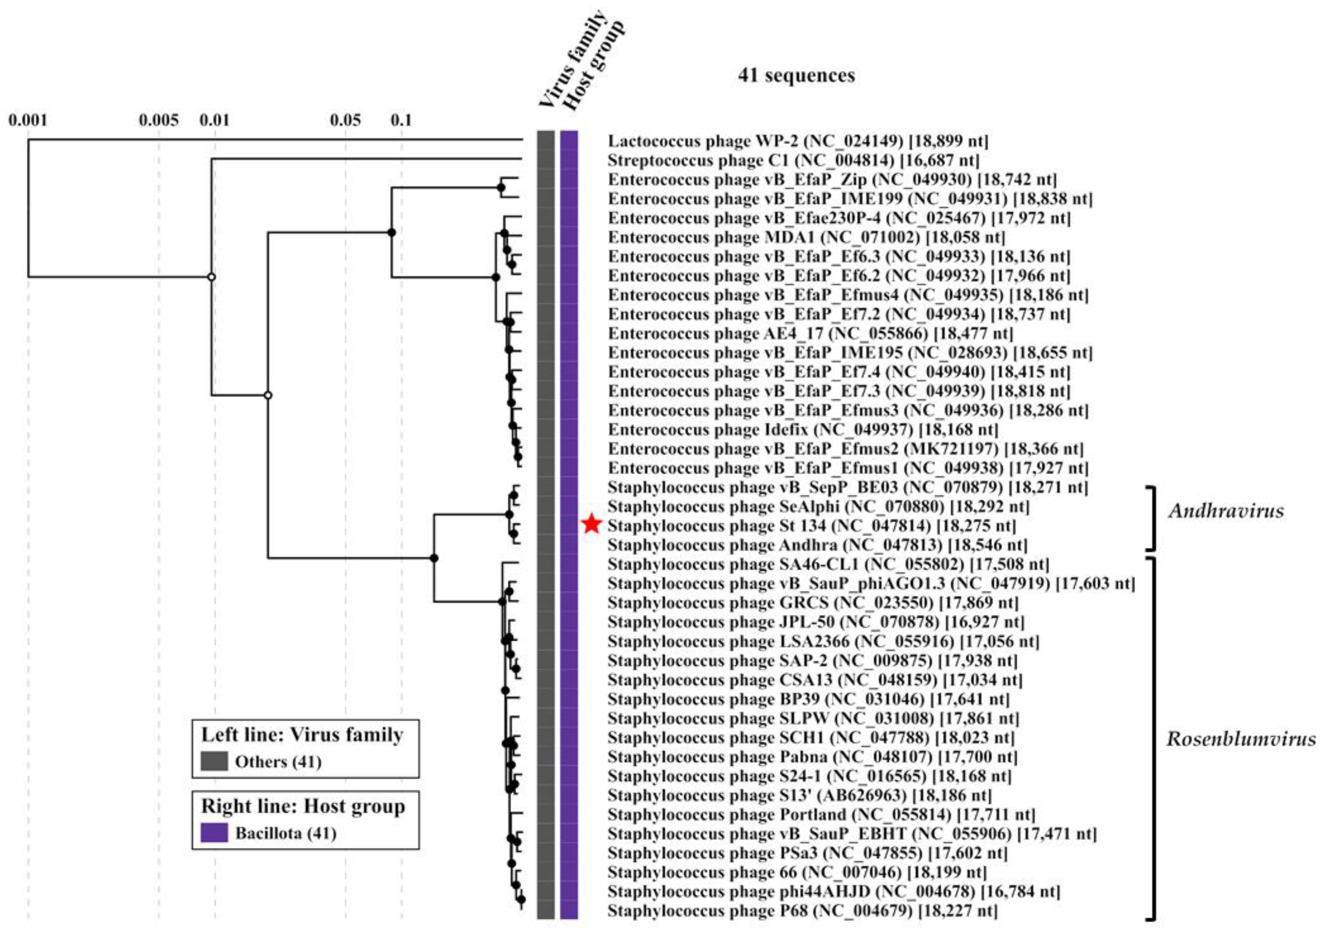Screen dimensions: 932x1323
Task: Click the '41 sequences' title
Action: (796, 76)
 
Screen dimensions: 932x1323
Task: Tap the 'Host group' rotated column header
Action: (594, 66)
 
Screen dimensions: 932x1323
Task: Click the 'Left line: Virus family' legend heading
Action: (302, 735)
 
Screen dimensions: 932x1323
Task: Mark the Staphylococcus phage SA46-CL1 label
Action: (828, 564)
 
